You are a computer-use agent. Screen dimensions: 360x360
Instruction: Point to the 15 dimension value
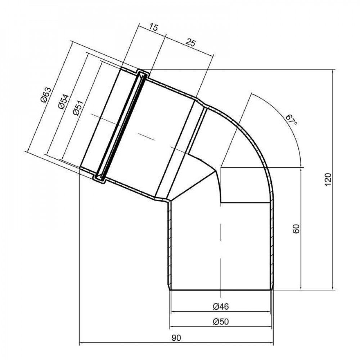point(153,28)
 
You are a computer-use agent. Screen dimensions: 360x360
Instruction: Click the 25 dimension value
point(190,43)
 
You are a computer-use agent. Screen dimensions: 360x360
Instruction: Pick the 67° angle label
point(291,120)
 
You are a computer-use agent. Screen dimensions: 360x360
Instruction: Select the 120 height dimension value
point(327,179)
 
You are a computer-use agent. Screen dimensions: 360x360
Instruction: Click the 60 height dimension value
point(296,229)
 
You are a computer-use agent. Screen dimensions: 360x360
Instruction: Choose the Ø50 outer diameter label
point(221,321)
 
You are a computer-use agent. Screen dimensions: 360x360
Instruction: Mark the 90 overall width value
point(176,338)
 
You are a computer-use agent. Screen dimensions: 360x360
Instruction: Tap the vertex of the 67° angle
point(221,167)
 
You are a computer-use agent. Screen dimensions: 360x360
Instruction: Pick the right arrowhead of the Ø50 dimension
point(271,327)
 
